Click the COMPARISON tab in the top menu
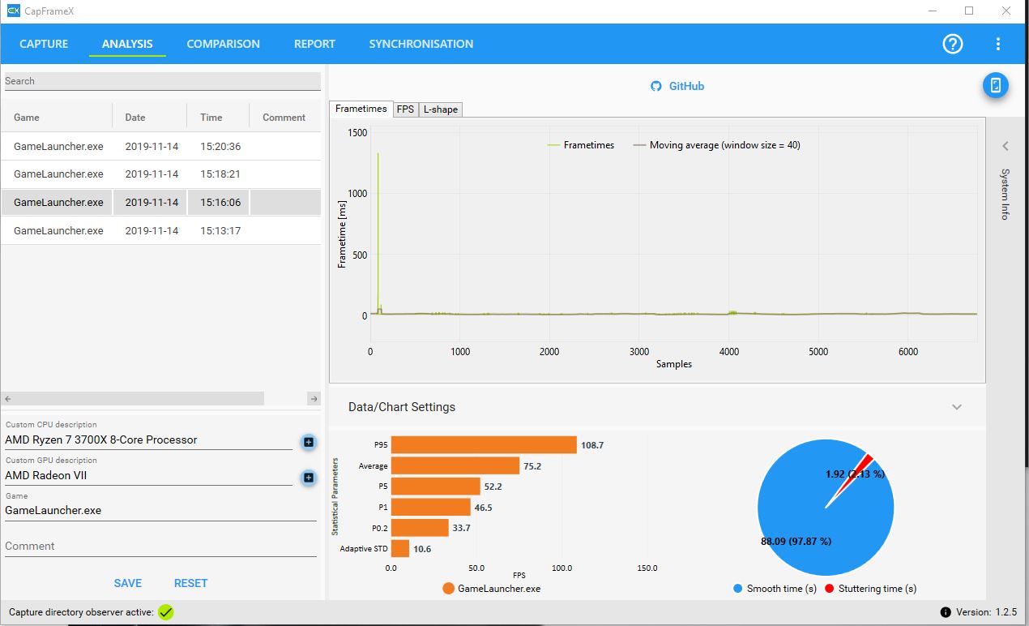point(223,44)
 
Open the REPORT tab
point(314,44)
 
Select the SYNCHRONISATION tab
point(421,44)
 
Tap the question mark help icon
point(952,44)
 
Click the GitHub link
point(677,86)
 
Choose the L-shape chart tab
point(440,109)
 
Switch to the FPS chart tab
point(405,109)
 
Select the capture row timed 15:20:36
point(160,146)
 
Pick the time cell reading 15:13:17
point(220,230)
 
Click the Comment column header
point(284,118)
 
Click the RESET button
point(190,583)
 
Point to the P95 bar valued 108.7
point(484,445)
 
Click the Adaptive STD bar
point(400,548)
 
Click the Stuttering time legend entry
point(870,589)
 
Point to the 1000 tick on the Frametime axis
point(357,194)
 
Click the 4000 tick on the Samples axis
point(728,352)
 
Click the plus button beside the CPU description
point(309,442)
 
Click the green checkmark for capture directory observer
point(166,612)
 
